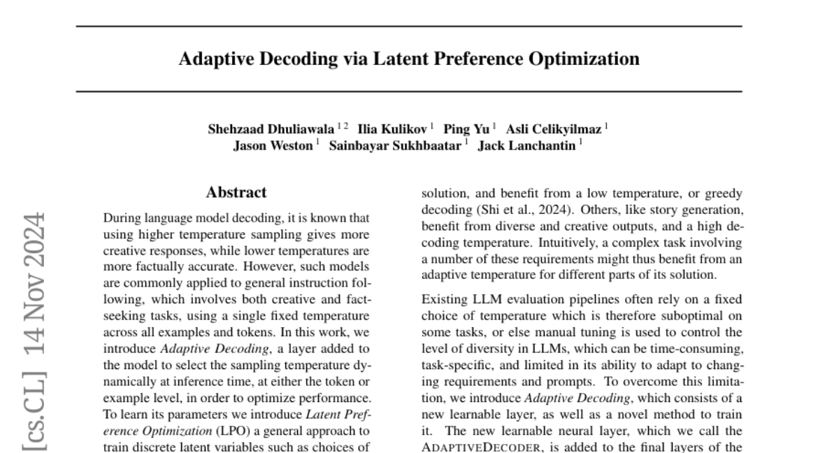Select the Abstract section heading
click(x=236, y=192)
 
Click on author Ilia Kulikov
click(x=394, y=129)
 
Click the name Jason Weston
click(x=273, y=147)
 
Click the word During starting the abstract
click(x=121, y=219)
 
